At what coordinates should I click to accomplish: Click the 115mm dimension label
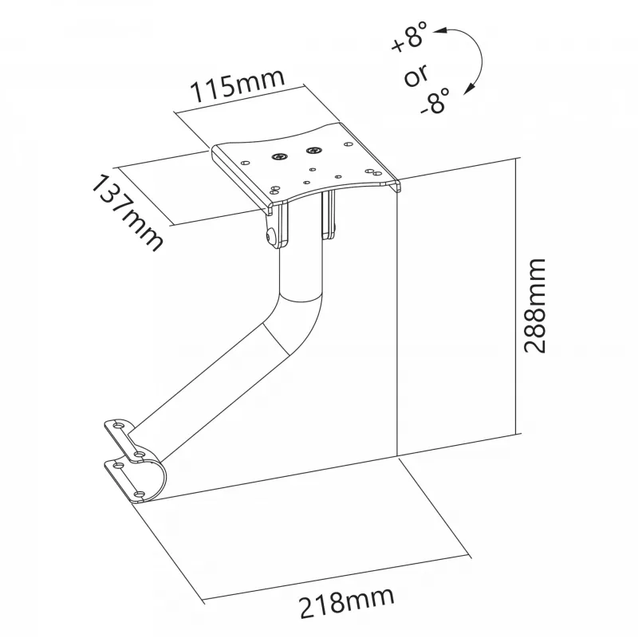point(238,85)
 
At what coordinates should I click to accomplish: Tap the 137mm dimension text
point(127,213)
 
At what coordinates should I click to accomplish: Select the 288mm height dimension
point(534,305)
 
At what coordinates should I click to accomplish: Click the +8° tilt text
point(410,37)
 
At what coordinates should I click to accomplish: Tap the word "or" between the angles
point(415,74)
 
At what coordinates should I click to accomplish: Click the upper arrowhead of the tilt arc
point(439,30)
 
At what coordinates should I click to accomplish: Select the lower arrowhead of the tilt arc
point(470,89)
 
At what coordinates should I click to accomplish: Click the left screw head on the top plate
point(278,156)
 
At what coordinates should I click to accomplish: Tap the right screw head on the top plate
point(313,151)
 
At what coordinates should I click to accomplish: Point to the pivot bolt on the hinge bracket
point(269,236)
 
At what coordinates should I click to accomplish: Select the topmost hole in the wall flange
point(119,426)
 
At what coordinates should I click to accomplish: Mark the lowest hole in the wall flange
point(140,494)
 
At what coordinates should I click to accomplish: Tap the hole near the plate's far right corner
point(349,144)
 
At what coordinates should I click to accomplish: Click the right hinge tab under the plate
point(329,215)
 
